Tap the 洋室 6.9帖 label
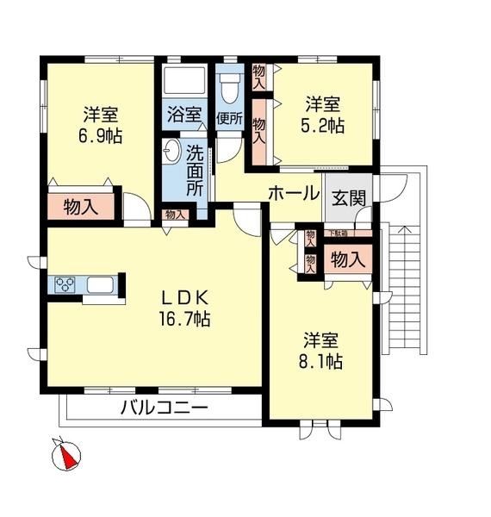click(x=101, y=125)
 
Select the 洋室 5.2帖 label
click(x=324, y=115)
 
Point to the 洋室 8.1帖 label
click(x=321, y=350)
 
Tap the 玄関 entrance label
click(x=349, y=197)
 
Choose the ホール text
click(x=294, y=193)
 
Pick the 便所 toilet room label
click(x=229, y=119)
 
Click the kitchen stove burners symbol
click(x=65, y=286)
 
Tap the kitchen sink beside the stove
click(x=98, y=286)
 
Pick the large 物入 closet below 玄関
click(x=348, y=258)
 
